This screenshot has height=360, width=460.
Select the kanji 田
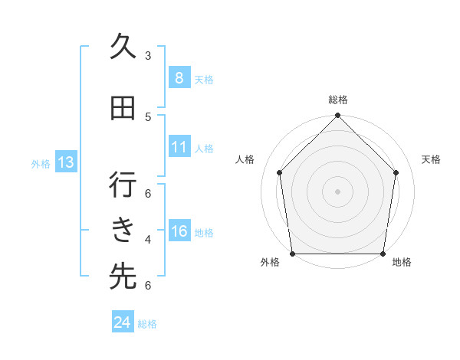point(123,110)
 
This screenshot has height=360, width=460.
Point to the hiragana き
point(123,230)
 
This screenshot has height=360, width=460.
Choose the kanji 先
point(123,277)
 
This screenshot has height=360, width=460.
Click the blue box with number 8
point(179,78)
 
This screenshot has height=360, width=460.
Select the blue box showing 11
point(179,147)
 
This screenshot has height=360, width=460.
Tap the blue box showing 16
point(179,232)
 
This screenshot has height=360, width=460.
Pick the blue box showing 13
point(65,162)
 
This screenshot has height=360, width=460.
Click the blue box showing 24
point(122,322)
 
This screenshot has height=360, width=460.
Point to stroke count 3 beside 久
point(147,56)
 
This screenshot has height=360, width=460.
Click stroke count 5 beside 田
point(147,116)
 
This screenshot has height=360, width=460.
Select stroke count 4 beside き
point(147,240)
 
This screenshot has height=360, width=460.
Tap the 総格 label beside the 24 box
point(147,324)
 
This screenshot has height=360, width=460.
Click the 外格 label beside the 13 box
point(40,163)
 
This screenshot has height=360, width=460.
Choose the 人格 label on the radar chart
point(245,159)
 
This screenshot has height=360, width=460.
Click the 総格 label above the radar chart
point(337,100)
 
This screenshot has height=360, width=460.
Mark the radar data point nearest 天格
point(396,172)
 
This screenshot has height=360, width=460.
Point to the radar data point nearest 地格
point(383,254)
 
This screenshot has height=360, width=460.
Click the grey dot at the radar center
point(337,191)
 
